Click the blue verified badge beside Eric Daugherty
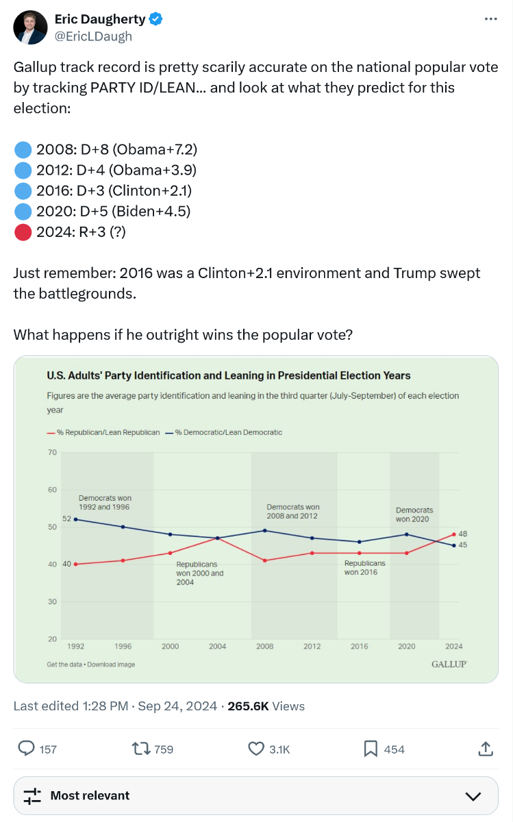(x=156, y=19)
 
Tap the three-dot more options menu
(x=490, y=18)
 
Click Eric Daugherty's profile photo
(x=29, y=27)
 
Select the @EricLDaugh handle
(x=93, y=36)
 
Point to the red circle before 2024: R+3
(x=23, y=232)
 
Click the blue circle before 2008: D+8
(x=23, y=149)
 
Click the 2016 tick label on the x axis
(x=359, y=646)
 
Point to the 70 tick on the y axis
(x=52, y=452)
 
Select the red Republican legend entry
(x=103, y=432)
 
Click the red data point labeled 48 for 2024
(x=453, y=534)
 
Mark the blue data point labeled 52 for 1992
(x=75, y=519)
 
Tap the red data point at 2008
(x=264, y=560)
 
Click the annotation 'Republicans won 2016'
(x=364, y=567)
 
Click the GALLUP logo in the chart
(x=449, y=664)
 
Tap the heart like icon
(x=256, y=749)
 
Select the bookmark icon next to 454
(x=371, y=749)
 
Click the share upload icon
(x=485, y=749)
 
